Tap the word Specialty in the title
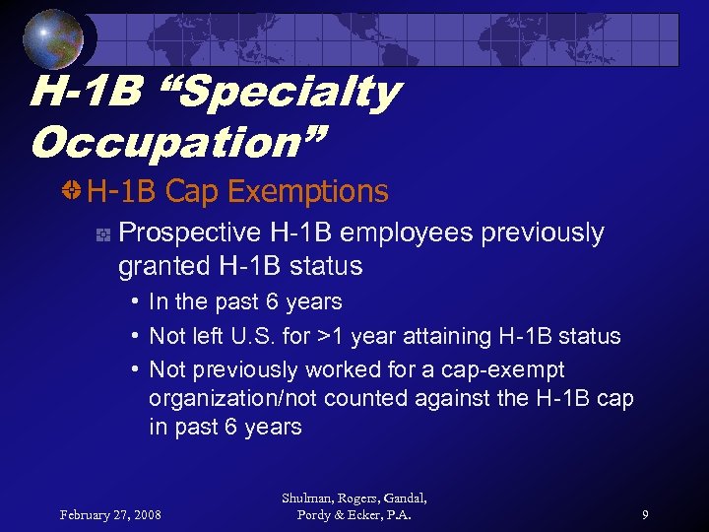tap(286, 94)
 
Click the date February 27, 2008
tap(110, 514)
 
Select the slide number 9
tap(644, 514)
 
